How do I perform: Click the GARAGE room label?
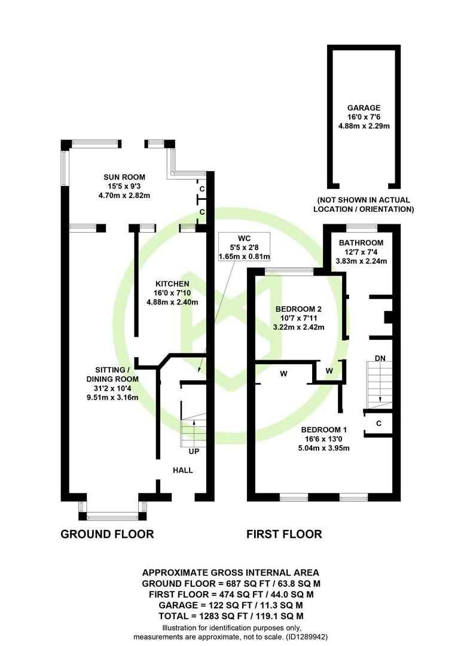[364, 108]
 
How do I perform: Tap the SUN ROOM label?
[124, 177]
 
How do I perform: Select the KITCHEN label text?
[172, 284]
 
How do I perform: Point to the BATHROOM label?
[361, 243]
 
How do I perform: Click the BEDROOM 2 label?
[298, 309]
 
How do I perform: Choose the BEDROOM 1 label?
[324, 429]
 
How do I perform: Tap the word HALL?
[183, 470]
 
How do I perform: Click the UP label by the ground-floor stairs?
[194, 452]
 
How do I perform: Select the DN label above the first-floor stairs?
[380, 358]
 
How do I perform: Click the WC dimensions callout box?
[245, 247]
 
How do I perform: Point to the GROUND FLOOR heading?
[107, 534]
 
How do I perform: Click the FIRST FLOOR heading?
[284, 534]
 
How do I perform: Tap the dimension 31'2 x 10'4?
[112, 388]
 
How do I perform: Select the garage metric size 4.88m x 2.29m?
[364, 126]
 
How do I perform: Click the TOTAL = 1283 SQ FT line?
[231, 616]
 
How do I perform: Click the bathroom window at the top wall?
[362, 227]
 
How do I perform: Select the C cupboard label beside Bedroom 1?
[378, 423]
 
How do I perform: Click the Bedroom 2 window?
[289, 271]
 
